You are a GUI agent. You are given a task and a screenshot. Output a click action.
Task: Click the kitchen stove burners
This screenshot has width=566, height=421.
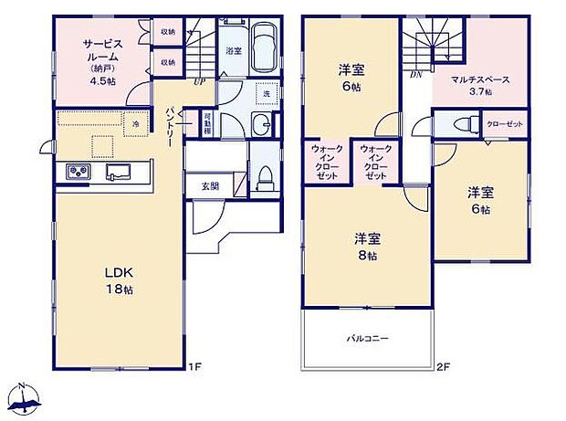(75, 172)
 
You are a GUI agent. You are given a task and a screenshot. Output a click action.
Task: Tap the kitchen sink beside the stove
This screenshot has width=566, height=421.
(119, 172)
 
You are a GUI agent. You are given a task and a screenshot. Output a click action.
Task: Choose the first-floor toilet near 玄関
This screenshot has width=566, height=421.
(265, 175)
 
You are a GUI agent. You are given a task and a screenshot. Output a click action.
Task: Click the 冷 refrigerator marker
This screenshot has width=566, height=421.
(134, 123)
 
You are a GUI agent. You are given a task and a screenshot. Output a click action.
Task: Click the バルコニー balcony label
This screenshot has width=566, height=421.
(367, 338)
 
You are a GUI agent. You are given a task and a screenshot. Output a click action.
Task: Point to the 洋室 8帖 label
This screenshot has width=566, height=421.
(367, 247)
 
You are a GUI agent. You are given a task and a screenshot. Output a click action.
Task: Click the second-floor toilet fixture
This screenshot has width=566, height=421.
(462, 124)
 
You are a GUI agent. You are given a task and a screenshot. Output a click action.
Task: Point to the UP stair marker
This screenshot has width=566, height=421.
(199, 81)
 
